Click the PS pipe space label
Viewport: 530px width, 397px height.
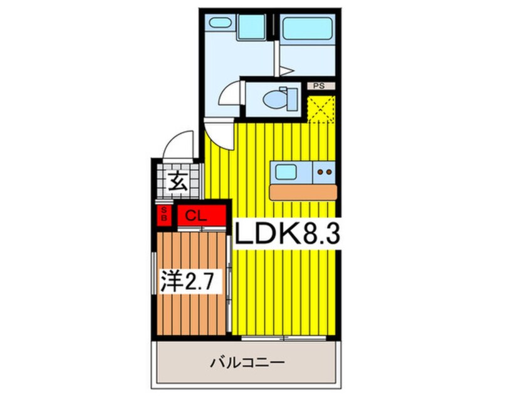(x=319, y=86)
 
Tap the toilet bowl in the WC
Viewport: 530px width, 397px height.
(x=274, y=100)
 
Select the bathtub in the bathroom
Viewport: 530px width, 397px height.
(x=307, y=28)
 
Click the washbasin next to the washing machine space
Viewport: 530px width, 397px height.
(x=220, y=23)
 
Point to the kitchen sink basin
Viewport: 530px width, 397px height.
(x=286, y=172)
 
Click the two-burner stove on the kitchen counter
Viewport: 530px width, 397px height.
(x=324, y=172)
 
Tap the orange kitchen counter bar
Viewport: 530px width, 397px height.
(x=303, y=193)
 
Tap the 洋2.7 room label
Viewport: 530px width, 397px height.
(x=190, y=281)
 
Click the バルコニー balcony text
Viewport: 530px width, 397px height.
(x=247, y=363)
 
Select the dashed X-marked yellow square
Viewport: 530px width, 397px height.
(x=321, y=109)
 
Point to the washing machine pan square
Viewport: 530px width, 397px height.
(x=251, y=28)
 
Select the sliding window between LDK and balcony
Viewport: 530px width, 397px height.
(x=284, y=338)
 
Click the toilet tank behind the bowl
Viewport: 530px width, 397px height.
(x=293, y=100)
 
